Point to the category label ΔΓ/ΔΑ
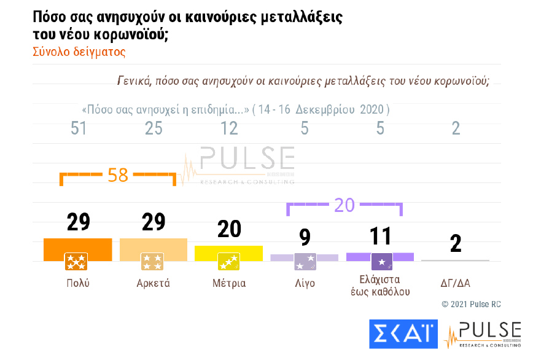coord(455,283)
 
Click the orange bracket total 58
coord(117,175)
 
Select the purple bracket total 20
coord(344,205)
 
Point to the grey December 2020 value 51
coord(78,129)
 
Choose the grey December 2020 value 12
coord(229,129)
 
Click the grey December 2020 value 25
coord(154,129)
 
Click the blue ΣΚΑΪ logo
coord(403,334)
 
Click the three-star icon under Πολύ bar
coord(76,262)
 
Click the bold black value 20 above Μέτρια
coord(229,229)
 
